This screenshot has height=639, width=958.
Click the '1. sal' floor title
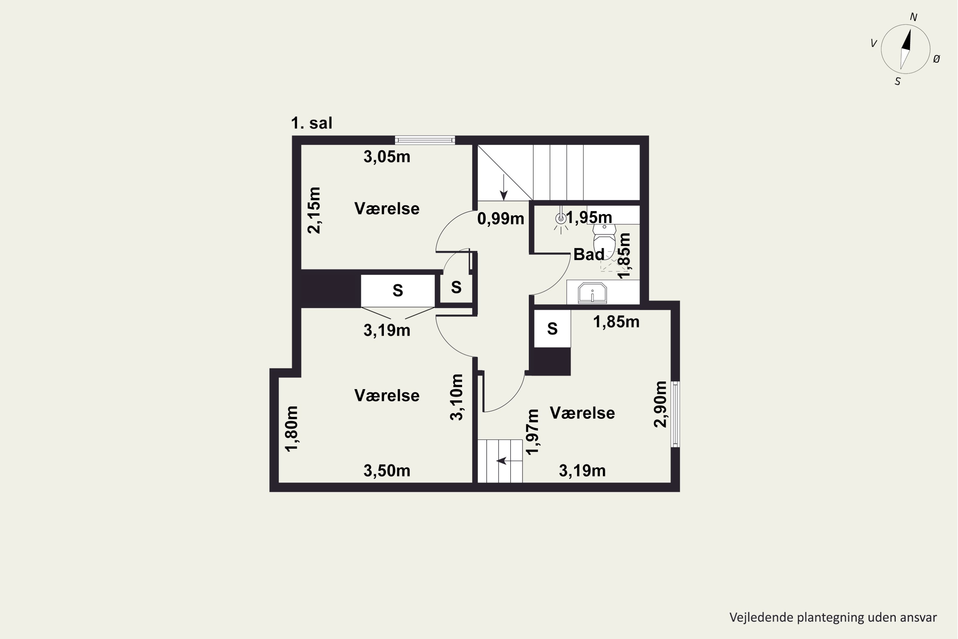tap(312, 123)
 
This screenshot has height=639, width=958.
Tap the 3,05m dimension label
tap(386, 157)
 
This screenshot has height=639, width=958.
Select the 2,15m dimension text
tap(314, 210)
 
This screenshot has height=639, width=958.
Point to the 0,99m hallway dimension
tap(501, 219)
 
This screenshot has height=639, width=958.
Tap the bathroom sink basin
tap(592, 293)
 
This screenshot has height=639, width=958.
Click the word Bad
tap(589, 254)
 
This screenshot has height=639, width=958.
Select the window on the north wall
tap(425, 140)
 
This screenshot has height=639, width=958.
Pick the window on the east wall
tap(675, 414)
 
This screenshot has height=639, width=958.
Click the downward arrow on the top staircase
tap(504, 188)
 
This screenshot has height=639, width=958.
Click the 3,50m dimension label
tap(386, 471)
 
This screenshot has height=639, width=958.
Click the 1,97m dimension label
tap(532, 432)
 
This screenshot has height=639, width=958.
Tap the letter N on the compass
tap(914, 17)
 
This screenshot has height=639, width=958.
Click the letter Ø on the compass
tap(936, 59)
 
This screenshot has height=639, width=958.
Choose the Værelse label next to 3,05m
tap(386, 209)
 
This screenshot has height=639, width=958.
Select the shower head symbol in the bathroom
tap(561, 219)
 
